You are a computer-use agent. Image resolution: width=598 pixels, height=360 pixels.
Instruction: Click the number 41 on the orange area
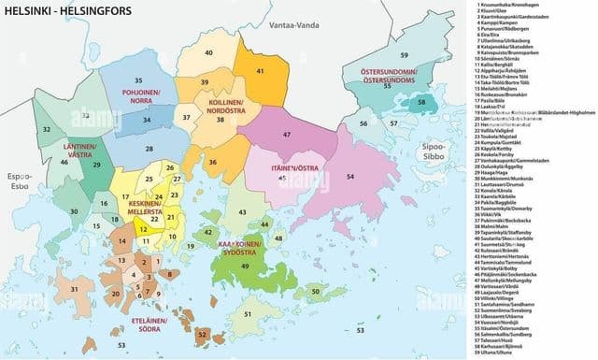pyautogui.click(x=259, y=71)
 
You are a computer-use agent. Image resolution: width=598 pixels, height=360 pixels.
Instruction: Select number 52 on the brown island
pyautogui.click(x=203, y=334)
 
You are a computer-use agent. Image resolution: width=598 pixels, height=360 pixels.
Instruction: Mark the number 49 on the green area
pyautogui.click(x=245, y=266)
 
